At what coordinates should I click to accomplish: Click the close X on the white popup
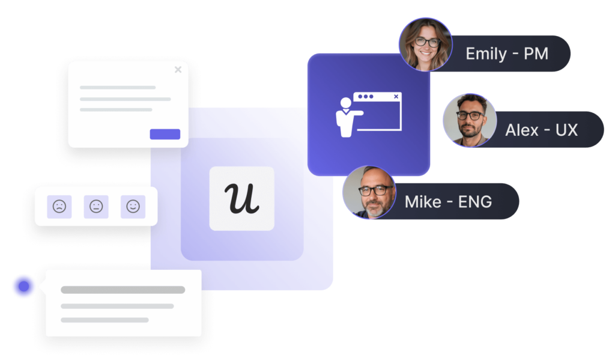coord(178,70)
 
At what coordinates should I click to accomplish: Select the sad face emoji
coord(59,207)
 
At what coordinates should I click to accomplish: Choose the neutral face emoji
coord(96,207)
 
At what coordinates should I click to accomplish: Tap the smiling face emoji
coord(133,207)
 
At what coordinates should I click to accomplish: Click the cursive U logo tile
coord(241,198)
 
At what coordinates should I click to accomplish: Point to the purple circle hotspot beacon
coord(23,287)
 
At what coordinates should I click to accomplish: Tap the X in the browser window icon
coord(396,96)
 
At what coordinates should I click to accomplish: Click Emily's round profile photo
coord(425,44)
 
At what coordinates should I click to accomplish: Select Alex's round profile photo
coord(469,120)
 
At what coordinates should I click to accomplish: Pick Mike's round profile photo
coord(369,192)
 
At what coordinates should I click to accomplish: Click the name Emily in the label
coord(486,53)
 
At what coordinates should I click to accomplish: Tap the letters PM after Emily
coord(536,53)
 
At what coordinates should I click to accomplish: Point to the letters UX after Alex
coord(566,129)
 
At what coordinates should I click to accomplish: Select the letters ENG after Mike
coord(474,201)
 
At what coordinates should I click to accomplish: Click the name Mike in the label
coord(423,201)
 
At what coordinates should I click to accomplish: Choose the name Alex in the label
coord(522,129)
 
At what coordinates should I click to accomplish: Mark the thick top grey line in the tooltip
coord(123,290)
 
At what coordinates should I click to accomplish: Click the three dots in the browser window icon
coord(363,96)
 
